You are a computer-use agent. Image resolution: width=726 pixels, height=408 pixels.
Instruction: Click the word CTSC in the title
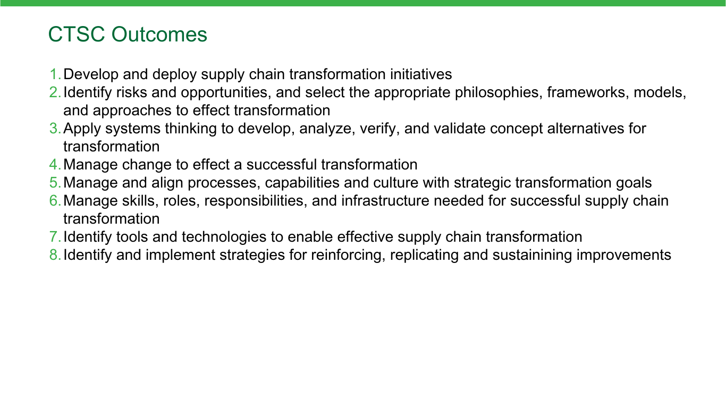[x=77, y=35]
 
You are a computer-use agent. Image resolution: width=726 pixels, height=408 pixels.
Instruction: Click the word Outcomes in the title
[x=159, y=35]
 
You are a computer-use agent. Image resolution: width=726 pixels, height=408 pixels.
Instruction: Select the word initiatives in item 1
[x=421, y=74]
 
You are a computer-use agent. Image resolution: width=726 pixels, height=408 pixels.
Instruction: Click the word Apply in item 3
[x=82, y=129]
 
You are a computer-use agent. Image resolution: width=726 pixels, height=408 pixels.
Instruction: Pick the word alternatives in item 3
[x=585, y=129]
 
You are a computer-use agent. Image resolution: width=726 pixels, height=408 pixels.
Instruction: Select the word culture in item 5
[x=396, y=183]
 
